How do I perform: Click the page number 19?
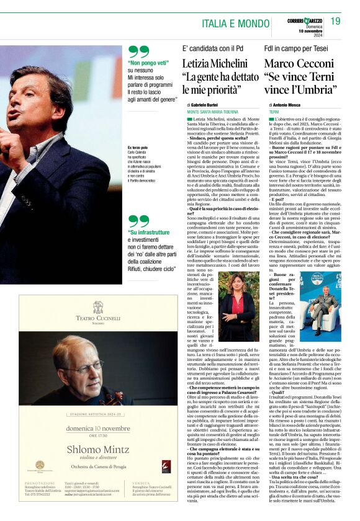(335, 22)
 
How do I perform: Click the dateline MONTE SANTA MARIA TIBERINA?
(212, 112)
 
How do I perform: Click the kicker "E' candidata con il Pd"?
(210, 48)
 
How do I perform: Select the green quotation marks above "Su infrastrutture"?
(138, 221)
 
